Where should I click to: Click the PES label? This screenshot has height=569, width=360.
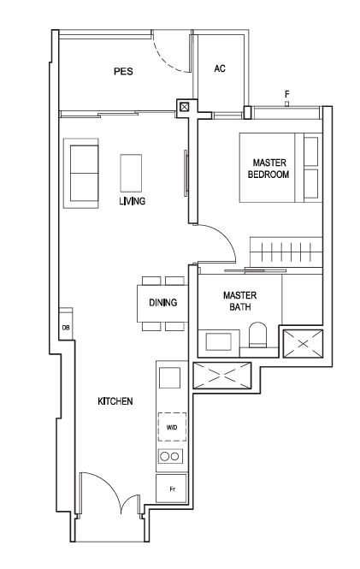[123, 71]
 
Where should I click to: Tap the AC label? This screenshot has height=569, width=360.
[220, 68]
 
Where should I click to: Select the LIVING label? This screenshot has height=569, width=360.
[133, 201]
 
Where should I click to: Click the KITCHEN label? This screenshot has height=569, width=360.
[115, 401]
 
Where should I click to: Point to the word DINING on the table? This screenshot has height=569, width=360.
[163, 302]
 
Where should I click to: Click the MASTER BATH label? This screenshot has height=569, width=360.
[239, 301]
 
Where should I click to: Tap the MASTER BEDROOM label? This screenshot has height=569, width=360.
[269, 169]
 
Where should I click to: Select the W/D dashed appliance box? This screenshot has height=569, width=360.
[172, 427]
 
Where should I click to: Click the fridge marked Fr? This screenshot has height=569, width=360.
[172, 489]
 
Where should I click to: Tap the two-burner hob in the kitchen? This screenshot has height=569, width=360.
[170, 456]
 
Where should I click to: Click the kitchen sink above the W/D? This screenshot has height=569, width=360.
[169, 377]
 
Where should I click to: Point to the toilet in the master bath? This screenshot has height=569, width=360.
[257, 334]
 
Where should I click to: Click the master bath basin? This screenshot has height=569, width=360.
[219, 341]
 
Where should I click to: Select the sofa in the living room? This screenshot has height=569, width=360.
[81, 173]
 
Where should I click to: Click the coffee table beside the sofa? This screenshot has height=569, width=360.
[131, 173]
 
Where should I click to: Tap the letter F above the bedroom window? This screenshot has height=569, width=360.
[287, 94]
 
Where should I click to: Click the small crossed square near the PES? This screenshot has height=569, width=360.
[185, 107]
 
